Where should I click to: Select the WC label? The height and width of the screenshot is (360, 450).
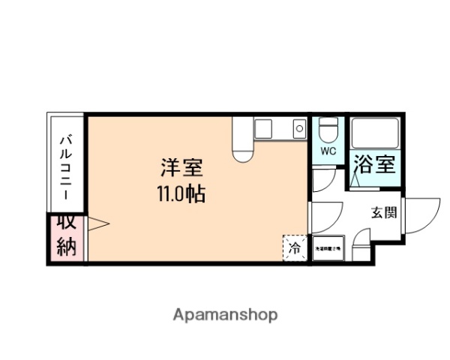point(328,151)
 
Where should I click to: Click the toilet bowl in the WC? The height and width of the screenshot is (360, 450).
point(327,132)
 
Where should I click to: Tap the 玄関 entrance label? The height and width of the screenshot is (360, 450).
point(383,212)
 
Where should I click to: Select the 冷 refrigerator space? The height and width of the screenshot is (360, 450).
point(295,246)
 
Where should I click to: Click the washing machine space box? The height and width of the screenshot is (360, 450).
point(327,248)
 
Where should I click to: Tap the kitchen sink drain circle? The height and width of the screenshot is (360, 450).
point(298,129)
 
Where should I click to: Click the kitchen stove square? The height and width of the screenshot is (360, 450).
point(263,129)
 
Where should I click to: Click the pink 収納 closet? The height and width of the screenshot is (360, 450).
point(67,235)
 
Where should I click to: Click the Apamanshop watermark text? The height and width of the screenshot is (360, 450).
point(225,314)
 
